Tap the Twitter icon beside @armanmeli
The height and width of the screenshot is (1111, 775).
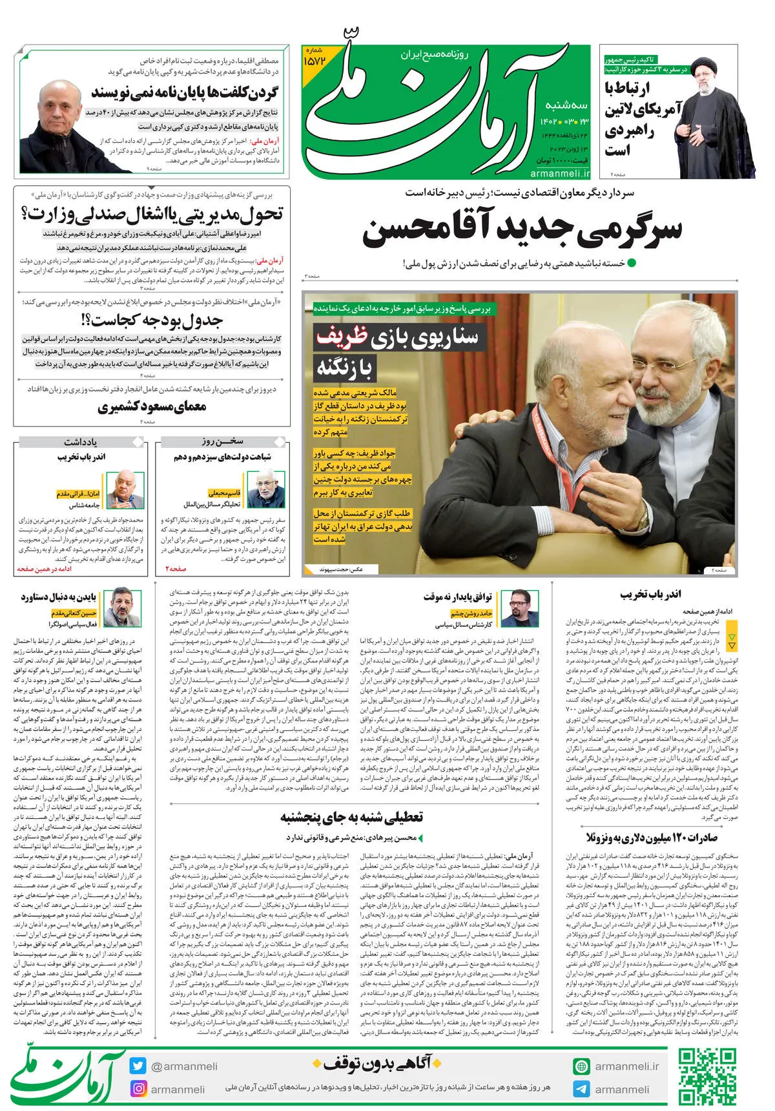point(138,1066)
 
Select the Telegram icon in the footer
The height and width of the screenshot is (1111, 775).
point(581,1088)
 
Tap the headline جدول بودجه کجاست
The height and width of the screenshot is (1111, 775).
point(152,320)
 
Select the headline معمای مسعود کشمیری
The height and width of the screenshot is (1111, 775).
point(152,407)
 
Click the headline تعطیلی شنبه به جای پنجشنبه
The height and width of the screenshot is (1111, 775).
point(352,818)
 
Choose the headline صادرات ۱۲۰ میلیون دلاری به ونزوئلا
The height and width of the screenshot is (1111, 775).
point(652,837)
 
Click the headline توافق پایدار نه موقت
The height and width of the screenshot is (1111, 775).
point(458,596)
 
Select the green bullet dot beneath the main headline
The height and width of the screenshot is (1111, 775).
point(632,263)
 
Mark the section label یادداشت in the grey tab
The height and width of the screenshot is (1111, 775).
point(80,442)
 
